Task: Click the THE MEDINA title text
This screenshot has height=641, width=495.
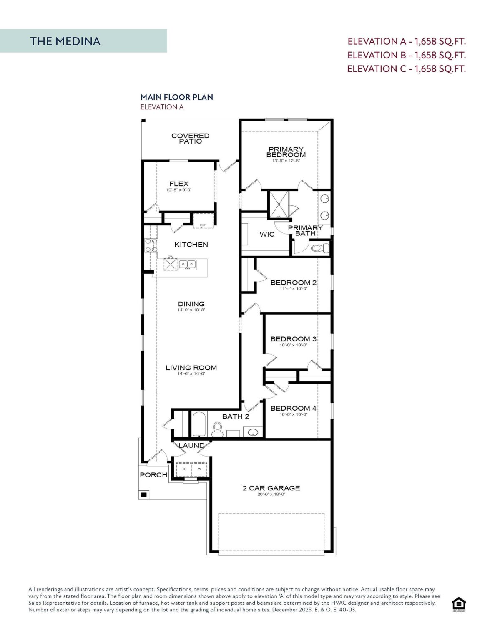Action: [x=65, y=41]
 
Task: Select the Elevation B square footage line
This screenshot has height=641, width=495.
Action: [x=407, y=55]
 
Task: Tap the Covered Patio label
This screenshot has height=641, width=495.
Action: [x=190, y=139]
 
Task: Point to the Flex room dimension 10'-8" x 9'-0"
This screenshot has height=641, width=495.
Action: [x=179, y=190]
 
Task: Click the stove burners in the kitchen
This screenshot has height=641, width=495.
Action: [x=151, y=245]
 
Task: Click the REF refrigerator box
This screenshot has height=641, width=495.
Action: [x=203, y=221]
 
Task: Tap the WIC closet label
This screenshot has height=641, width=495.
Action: [x=267, y=234]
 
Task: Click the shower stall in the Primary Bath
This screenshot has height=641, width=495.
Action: [x=279, y=204]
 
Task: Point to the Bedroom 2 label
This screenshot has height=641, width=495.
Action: [x=294, y=283]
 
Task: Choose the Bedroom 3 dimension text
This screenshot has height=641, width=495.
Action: [x=294, y=345]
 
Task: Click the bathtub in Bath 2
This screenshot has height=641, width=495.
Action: [x=199, y=424]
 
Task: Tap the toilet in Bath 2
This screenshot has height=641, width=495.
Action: [x=217, y=429]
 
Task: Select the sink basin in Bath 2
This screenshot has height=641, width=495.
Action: [x=253, y=433]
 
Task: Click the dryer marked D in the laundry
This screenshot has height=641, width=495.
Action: [x=184, y=469]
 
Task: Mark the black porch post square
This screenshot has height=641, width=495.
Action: [x=144, y=495]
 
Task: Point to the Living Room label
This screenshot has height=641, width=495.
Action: [x=191, y=368]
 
